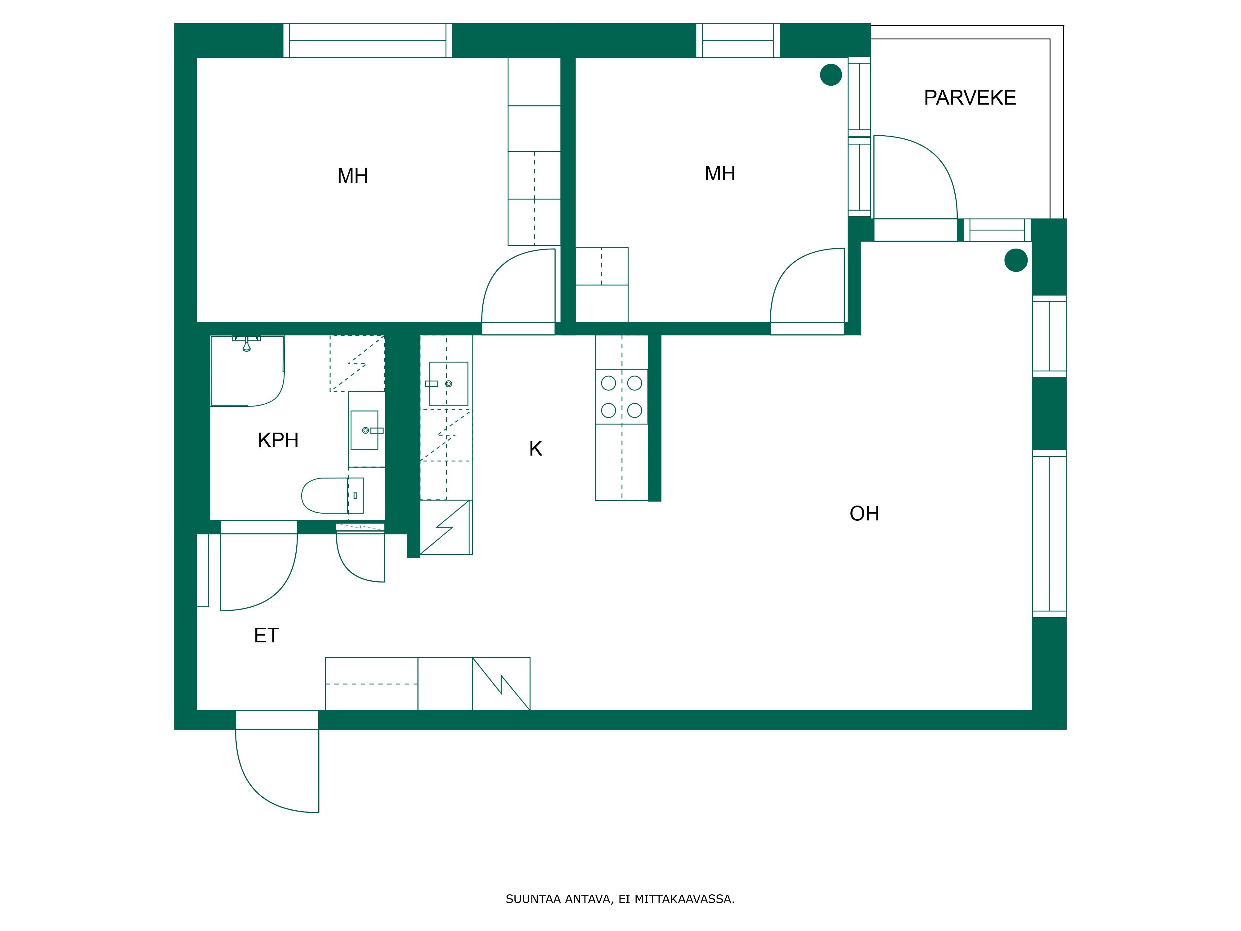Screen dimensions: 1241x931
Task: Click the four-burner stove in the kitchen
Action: (x=622, y=397)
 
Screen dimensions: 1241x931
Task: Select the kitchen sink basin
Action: (x=448, y=384)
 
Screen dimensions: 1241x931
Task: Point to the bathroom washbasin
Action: (x=365, y=430)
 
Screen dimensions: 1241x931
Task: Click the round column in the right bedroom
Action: (x=831, y=75)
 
